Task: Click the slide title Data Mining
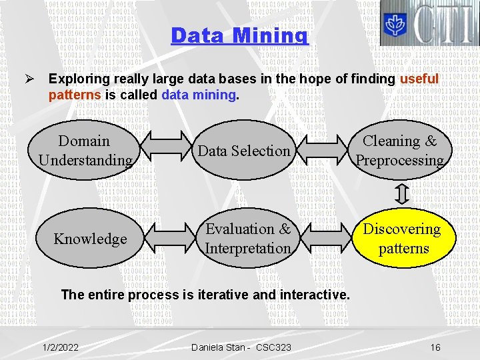pos(239,35)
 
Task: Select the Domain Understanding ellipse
pos(85,151)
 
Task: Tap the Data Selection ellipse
pos(244,151)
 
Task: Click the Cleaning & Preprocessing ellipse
pos(399,151)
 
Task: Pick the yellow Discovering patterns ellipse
pos(403,239)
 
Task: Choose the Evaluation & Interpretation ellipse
pos(248,239)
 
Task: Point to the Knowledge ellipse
pos(91,239)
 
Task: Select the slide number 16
pos(435,347)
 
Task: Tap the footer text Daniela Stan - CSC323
pos(241,347)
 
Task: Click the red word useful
pos(419,79)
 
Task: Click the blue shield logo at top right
pos(394,24)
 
